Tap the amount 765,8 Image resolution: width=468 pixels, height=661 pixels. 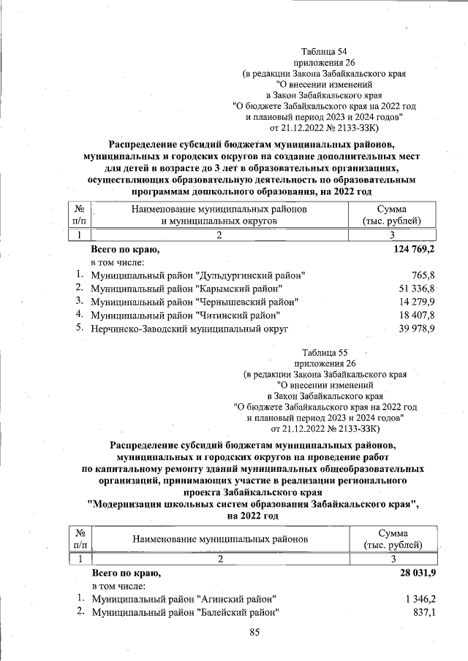click(x=423, y=275)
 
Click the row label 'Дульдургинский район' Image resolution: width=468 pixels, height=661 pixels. click(x=198, y=275)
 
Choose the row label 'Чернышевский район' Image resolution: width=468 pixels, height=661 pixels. click(x=195, y=302)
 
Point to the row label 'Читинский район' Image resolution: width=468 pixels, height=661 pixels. click(x=186, y=315)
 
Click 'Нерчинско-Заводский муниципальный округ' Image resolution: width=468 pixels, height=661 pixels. click(x=190, y=329)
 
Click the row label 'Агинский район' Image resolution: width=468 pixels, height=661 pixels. click(x=184, y=599)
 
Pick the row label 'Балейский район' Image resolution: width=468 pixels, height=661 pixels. click(x=185, y=612)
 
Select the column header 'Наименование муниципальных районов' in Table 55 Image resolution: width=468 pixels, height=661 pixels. click(x=220, y=539)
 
